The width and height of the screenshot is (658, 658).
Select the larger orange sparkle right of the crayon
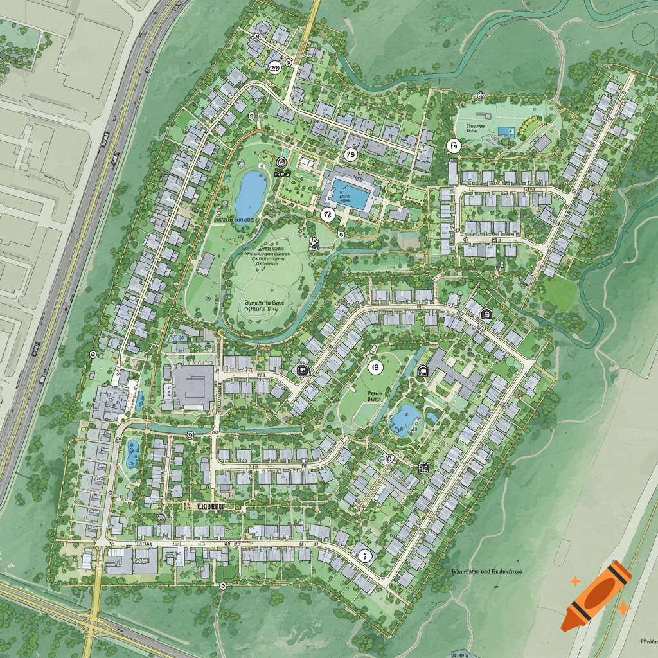pyautogui.click(x=623, y=607)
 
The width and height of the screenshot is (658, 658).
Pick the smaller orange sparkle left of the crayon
pyautogui.click(x=575, y=581)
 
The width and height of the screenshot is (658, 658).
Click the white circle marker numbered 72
pyautogui.click(x=328, y=214)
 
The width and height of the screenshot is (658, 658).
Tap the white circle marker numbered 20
pyautogui.click(x=275, y=69)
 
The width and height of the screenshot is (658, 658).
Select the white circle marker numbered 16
pyautogui.click(x=375, y=367)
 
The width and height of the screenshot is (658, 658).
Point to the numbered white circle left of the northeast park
pyautogui.click(x=454, y=146)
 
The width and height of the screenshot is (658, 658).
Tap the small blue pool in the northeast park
pyautogui.click(x=506, y=133)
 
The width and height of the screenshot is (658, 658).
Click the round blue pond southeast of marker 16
pyautogui.click(x=405, y=420)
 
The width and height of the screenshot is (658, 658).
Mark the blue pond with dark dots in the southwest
pyautogui.click(x=133, y=452)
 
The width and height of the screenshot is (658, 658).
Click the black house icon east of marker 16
pyautogui.click(x=423, y=370)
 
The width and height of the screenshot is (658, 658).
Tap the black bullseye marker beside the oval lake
pyautogui.click(x=281, y=163)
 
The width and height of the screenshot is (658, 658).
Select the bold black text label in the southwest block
pyautogui.click(x=205, y=506)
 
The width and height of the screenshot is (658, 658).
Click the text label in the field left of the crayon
pyautogui.click(x=486, y=571)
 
